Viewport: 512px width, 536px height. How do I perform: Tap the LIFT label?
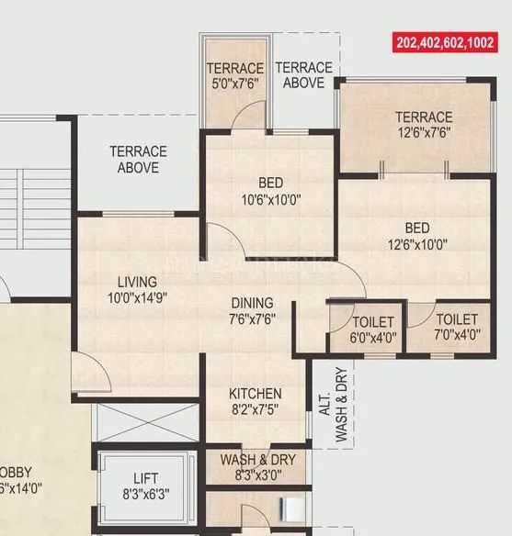(x=145, y=478)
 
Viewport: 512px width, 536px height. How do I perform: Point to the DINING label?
(x=252, y=303)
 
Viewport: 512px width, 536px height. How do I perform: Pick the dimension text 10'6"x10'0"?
(x=271, y=198)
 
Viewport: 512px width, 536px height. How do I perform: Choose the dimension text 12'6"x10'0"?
(x=417, y=244)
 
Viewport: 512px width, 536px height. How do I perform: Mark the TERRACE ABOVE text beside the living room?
(x=138, y=160)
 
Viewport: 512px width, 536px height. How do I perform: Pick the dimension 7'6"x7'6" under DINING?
(x=252, y=318)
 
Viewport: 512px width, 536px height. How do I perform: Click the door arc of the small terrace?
(x=245, y=116)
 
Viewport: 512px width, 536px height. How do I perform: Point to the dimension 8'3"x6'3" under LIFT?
(x=145, y=494)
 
